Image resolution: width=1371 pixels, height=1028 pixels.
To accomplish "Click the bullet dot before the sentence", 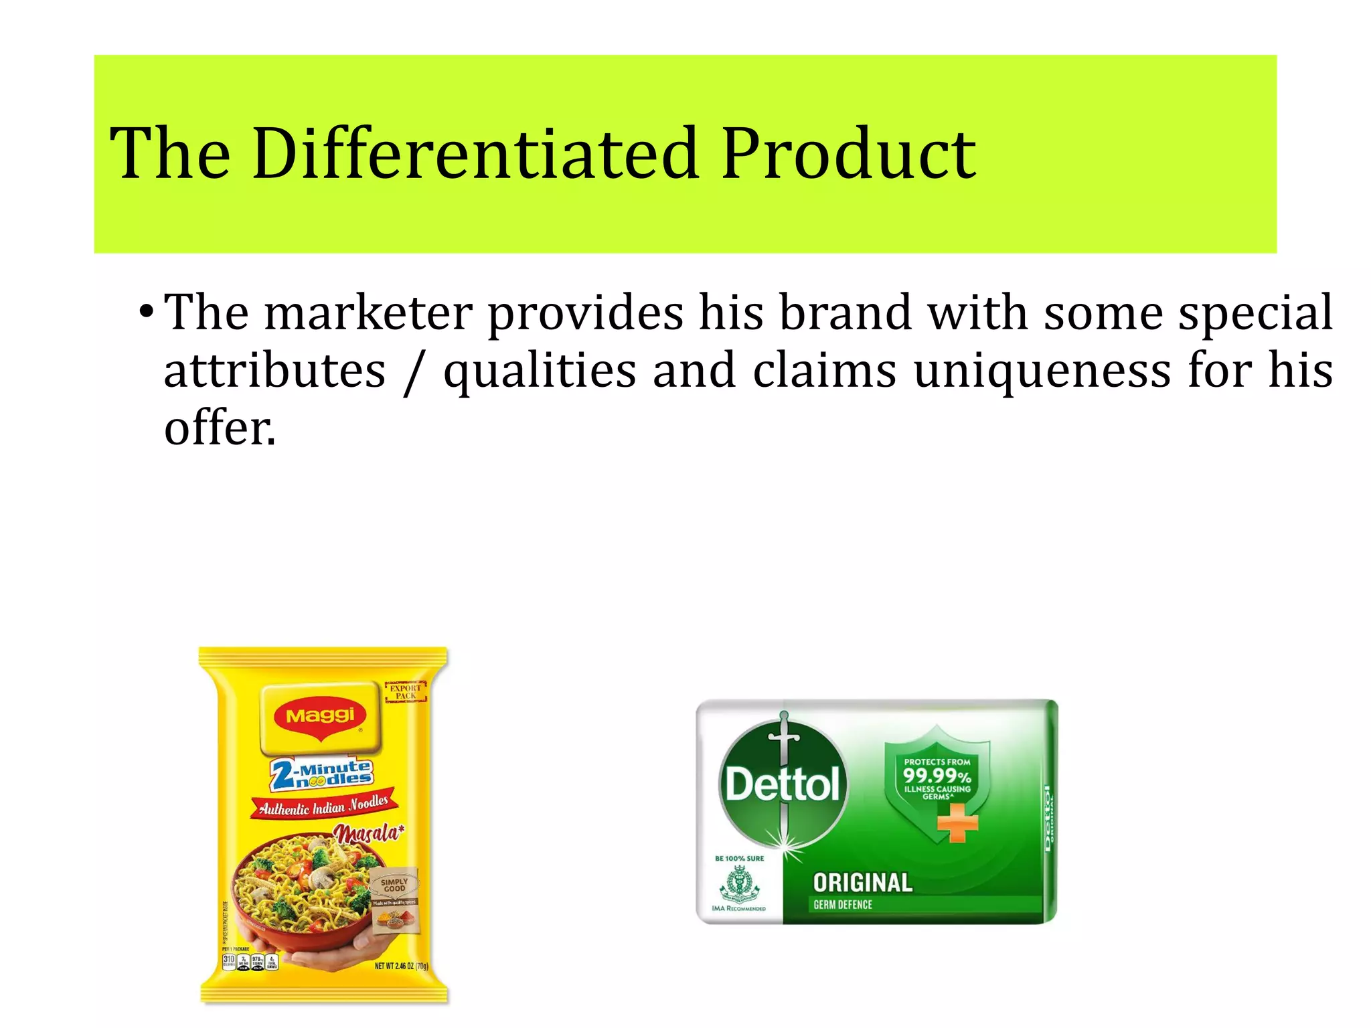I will tap(146, 313).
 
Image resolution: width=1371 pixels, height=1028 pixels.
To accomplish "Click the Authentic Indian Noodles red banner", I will tap(324, 805).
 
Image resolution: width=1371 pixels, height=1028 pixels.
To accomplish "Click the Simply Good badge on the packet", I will tap(394, 885).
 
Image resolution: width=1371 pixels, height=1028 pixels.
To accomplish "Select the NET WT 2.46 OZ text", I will tap(401, 966).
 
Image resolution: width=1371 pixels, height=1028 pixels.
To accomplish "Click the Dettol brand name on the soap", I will tap(782, 784).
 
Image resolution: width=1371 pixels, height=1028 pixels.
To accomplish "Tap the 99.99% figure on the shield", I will tap(937, 776).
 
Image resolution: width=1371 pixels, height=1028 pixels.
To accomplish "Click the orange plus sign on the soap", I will tap(958, 823).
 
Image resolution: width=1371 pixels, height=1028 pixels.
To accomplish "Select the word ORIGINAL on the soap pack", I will tap(862, 883).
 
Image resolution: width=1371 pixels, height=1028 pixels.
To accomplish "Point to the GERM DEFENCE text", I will tap(843, 905).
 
